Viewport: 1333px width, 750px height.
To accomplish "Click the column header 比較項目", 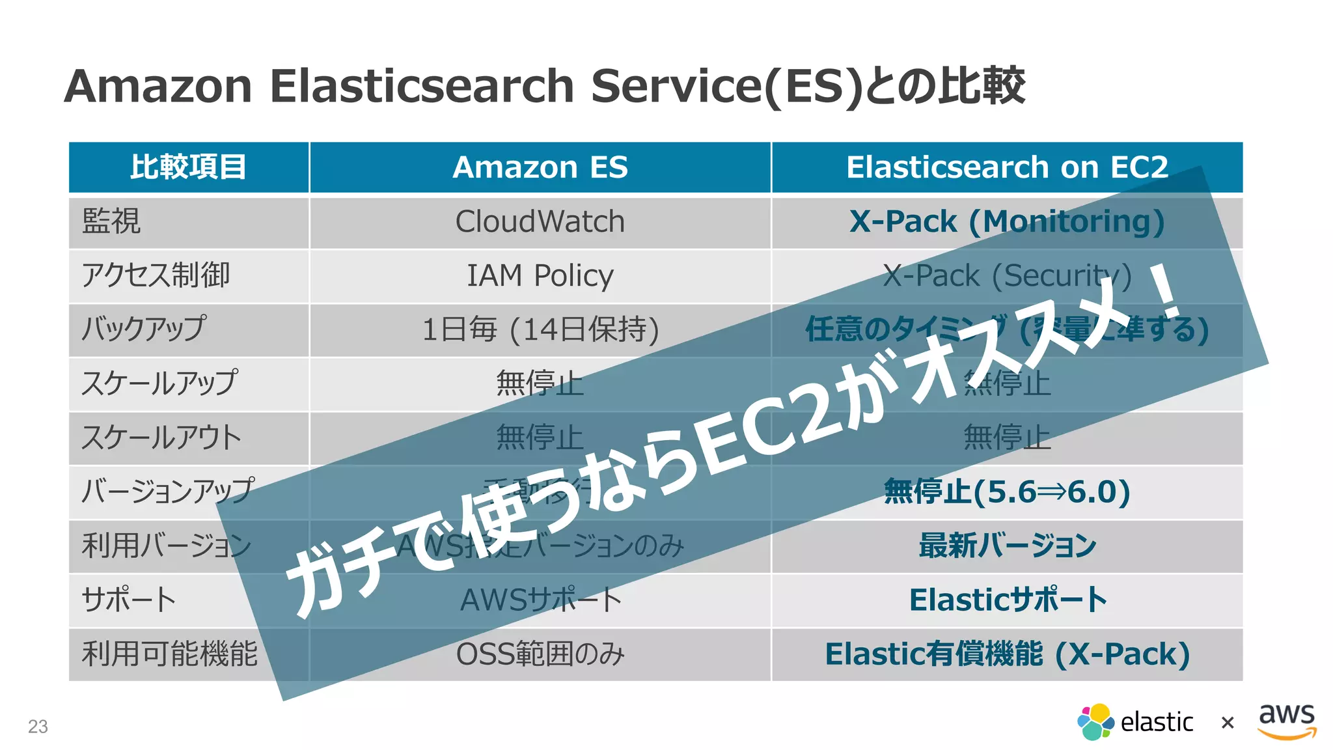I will (x=188, y=167).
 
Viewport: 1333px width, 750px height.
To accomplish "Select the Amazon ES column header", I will (x=540, y=167).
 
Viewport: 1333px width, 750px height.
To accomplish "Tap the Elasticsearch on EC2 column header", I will (x=1007, y=167).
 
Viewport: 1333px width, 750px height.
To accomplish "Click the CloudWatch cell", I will (x=540, y=222).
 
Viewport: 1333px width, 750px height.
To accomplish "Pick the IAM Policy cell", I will (x=540, y=276).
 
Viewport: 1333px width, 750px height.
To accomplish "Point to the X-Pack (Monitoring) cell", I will (x=1007, y=222).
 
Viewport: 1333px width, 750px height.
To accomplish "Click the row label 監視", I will (x=111, y=222).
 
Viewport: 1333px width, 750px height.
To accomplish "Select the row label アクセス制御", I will (x=156, y=276).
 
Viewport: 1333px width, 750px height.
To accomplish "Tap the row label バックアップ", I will (x=144, y=329).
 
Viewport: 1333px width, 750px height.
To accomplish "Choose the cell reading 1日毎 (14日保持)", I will (x=540, y=329).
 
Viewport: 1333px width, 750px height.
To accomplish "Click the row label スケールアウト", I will (x=161, y=437).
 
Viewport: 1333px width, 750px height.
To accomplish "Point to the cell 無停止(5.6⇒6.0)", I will (x=1007, y=492).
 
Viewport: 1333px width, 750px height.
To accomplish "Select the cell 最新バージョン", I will (x=1007, y=546).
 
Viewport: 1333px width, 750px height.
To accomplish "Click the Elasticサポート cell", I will (x=1007, y=600).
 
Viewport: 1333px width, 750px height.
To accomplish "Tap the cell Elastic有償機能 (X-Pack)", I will (x=1007, y=654).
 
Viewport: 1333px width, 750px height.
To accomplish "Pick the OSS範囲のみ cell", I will (x=540, y=654).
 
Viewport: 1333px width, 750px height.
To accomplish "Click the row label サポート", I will (x=129, y=600).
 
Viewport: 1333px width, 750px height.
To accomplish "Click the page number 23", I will (x=38, y=727).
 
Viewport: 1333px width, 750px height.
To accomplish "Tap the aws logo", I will (x=1287, y=721).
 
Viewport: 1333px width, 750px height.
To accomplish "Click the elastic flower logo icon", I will (x=1095, y=722).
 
